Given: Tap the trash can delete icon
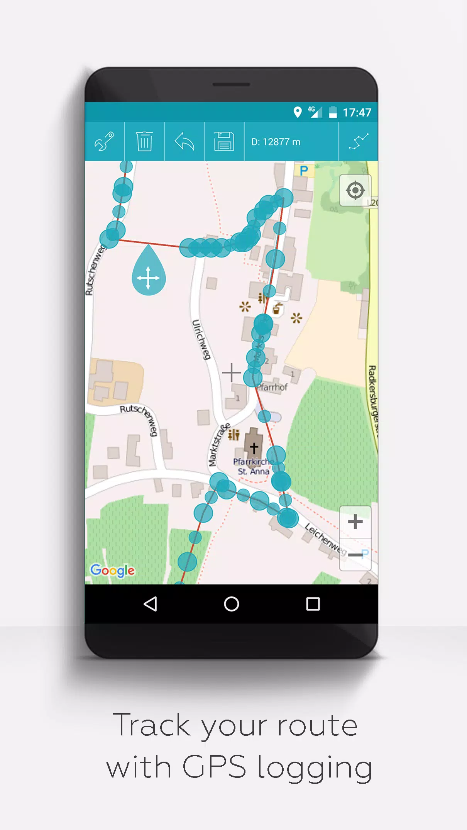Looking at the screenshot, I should pos(144,141).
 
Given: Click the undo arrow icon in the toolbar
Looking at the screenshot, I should pos(184,141).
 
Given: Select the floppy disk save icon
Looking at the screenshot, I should pos(224,141).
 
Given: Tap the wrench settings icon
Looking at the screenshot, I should pos(104,141).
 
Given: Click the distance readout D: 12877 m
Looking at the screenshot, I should pos(276,142).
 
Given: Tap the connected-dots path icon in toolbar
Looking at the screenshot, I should pos(358,141).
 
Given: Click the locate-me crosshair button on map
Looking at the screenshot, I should pos(355,190).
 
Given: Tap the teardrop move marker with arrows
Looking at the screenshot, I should pos(149,273).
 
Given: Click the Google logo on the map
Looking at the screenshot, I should pos(113,570).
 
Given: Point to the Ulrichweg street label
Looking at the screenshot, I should pos(201,340).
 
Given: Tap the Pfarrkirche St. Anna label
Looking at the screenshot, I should pos(253,466).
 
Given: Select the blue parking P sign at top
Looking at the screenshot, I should pos(304,171).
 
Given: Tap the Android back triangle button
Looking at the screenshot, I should pos(150,604).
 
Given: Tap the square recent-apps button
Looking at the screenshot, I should pos(313,604).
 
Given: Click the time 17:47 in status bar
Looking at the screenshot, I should pos(357,112).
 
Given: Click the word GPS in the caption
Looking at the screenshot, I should pos(214,767).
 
